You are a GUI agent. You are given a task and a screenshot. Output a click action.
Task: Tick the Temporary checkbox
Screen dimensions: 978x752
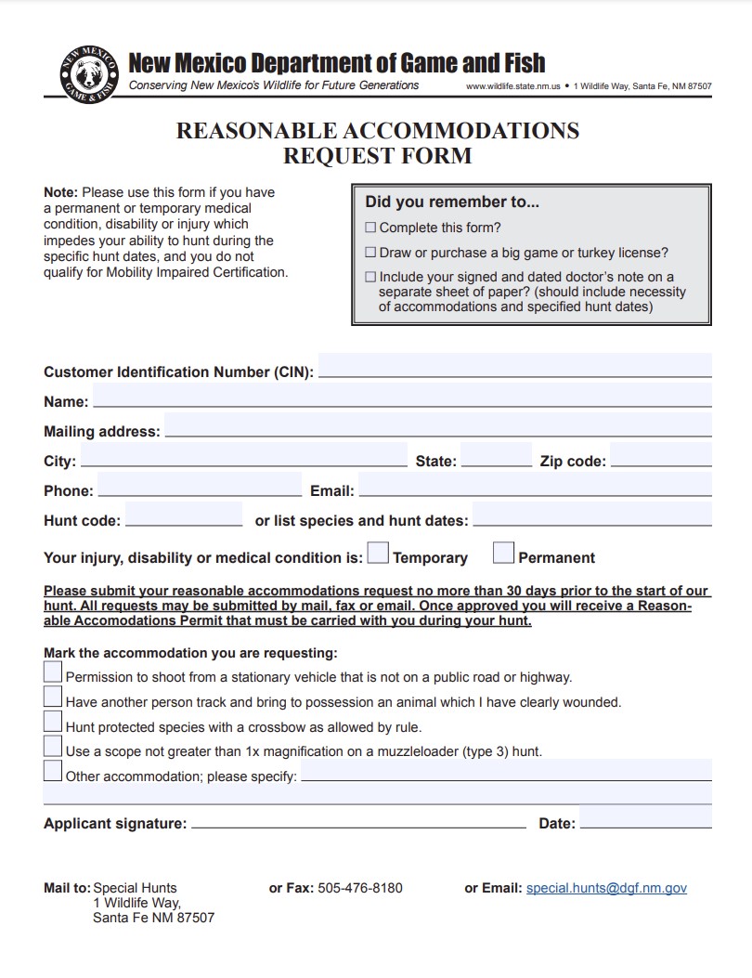(378, 554)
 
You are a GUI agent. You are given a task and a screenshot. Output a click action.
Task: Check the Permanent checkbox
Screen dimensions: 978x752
(503, 554)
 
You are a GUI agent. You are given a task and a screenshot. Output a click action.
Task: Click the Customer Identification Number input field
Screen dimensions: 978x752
(514, 365)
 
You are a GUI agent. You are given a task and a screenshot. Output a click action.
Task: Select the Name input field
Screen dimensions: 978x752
(401, 396)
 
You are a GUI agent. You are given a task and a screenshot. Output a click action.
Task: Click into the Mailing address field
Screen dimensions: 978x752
(437, 425)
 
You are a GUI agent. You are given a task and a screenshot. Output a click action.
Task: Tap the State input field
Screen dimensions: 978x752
(496, 455)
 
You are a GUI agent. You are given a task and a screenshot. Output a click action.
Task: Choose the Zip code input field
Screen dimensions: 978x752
(660, 455)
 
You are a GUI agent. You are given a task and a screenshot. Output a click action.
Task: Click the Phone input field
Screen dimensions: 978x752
(199, 485)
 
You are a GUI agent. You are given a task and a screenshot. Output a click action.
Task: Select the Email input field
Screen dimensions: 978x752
(534, 485)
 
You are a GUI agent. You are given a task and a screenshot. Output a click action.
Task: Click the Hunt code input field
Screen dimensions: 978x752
(183, 515)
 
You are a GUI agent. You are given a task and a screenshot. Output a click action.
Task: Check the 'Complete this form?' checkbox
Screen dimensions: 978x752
(371, 228)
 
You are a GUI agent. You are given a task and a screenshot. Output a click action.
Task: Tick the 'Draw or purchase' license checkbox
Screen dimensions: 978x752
(371, 253)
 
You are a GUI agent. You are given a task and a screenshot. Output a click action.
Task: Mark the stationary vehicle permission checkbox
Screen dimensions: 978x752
(53, 672)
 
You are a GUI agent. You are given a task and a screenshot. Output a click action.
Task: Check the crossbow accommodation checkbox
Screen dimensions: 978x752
(53, 722)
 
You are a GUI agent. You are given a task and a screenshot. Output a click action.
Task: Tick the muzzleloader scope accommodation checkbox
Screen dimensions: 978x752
(53, 746)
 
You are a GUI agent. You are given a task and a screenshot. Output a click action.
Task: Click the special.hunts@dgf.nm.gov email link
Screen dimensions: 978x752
(606, 888)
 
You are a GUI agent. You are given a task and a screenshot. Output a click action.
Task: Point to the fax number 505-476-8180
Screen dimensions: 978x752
(359, 888)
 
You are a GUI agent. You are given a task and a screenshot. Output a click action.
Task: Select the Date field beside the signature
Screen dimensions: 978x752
(645, 817)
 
